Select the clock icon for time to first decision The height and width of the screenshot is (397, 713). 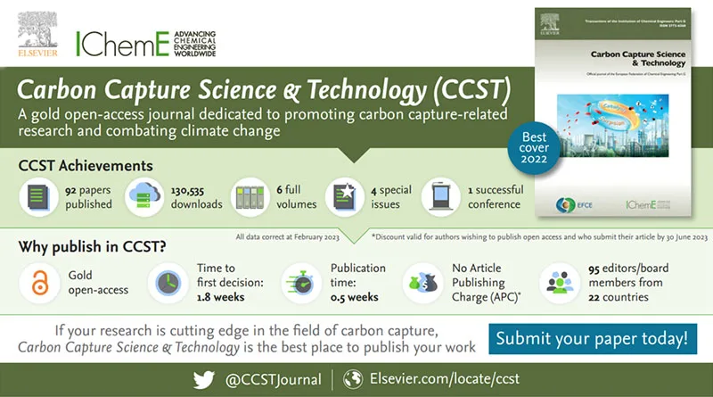[166, 283]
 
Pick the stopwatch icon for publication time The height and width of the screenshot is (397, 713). [299, 283]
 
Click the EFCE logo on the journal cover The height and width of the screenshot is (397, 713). [574, 201]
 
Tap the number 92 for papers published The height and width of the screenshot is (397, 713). [72, 189]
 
